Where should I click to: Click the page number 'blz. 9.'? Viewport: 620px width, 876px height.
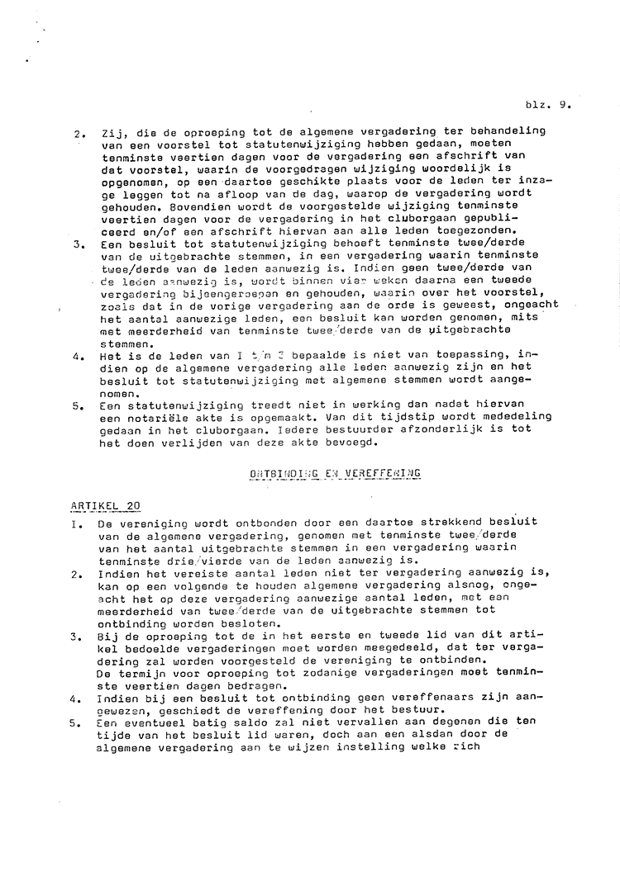click(548, 106)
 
